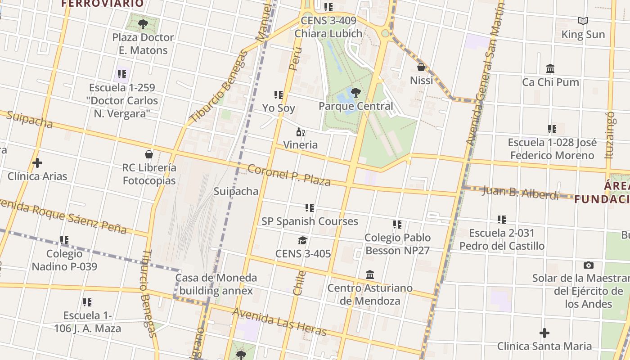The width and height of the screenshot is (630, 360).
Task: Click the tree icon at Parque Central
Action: pos(356,93)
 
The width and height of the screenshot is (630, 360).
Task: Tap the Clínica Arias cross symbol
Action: pos(37,162)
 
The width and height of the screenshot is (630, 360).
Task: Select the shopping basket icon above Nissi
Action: pos(421,67)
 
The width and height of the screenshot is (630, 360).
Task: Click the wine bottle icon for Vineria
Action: pos(300,132)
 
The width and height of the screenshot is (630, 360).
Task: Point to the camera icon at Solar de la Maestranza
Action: pos(588,265)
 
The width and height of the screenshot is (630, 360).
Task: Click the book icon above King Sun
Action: pos(583,21)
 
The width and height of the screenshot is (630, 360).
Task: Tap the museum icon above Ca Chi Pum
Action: pos(550,68)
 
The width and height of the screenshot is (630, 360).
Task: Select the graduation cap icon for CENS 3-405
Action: pos(302,240)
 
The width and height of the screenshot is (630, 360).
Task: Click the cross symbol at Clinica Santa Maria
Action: pos(544,333)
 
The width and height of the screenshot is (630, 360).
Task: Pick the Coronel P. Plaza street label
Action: pos(289,175)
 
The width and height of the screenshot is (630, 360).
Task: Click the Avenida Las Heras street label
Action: pos(279,322)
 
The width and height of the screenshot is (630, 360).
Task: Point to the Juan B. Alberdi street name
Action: pos(520,192)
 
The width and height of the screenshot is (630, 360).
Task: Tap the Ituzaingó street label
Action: pos(610,135)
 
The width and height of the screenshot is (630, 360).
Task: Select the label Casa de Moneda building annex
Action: pos(216,284)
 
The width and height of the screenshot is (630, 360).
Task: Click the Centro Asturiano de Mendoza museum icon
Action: pos(370,274)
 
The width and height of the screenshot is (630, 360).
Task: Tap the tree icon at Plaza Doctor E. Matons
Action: pos(143,24)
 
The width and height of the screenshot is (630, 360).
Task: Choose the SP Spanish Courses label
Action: pos(310,221)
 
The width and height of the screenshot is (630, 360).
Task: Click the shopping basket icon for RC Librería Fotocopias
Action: pos(149,154)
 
